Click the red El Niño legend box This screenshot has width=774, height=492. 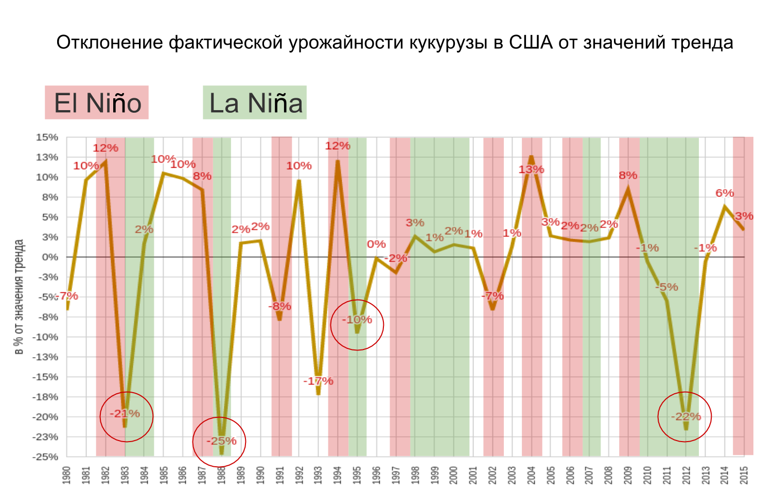(x=97, y=102)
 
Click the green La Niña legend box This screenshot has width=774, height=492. (x=255, y=102)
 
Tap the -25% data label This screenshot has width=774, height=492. (x=221, y=441)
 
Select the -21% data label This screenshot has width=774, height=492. (x=125, y=414)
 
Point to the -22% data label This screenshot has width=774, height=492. (x=686, y=416)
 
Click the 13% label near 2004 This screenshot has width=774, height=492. (x=531, y=169)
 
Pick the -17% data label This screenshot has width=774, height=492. (x=318, y=381)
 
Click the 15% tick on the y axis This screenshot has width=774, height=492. (x=47, y=137)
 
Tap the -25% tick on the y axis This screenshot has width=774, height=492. (x=46, y=457)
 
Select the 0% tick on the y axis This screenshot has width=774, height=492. (x=50, y=257)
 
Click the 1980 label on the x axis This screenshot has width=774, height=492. (x=66, y=475)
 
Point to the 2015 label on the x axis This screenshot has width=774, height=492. (x=744, y=475)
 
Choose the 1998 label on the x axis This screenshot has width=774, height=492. (x=415, y=475)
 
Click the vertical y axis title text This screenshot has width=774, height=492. (x=19, y=297)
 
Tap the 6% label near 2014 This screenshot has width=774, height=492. (x=725, y=193)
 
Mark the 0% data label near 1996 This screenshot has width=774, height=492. (x=376, y=244)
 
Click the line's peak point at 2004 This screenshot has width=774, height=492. (x=531, y=156)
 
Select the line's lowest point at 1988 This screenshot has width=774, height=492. (x=222, y=454)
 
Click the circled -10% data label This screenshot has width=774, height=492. (x=357, y=320)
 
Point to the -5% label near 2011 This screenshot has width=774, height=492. (x=667, y=287)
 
